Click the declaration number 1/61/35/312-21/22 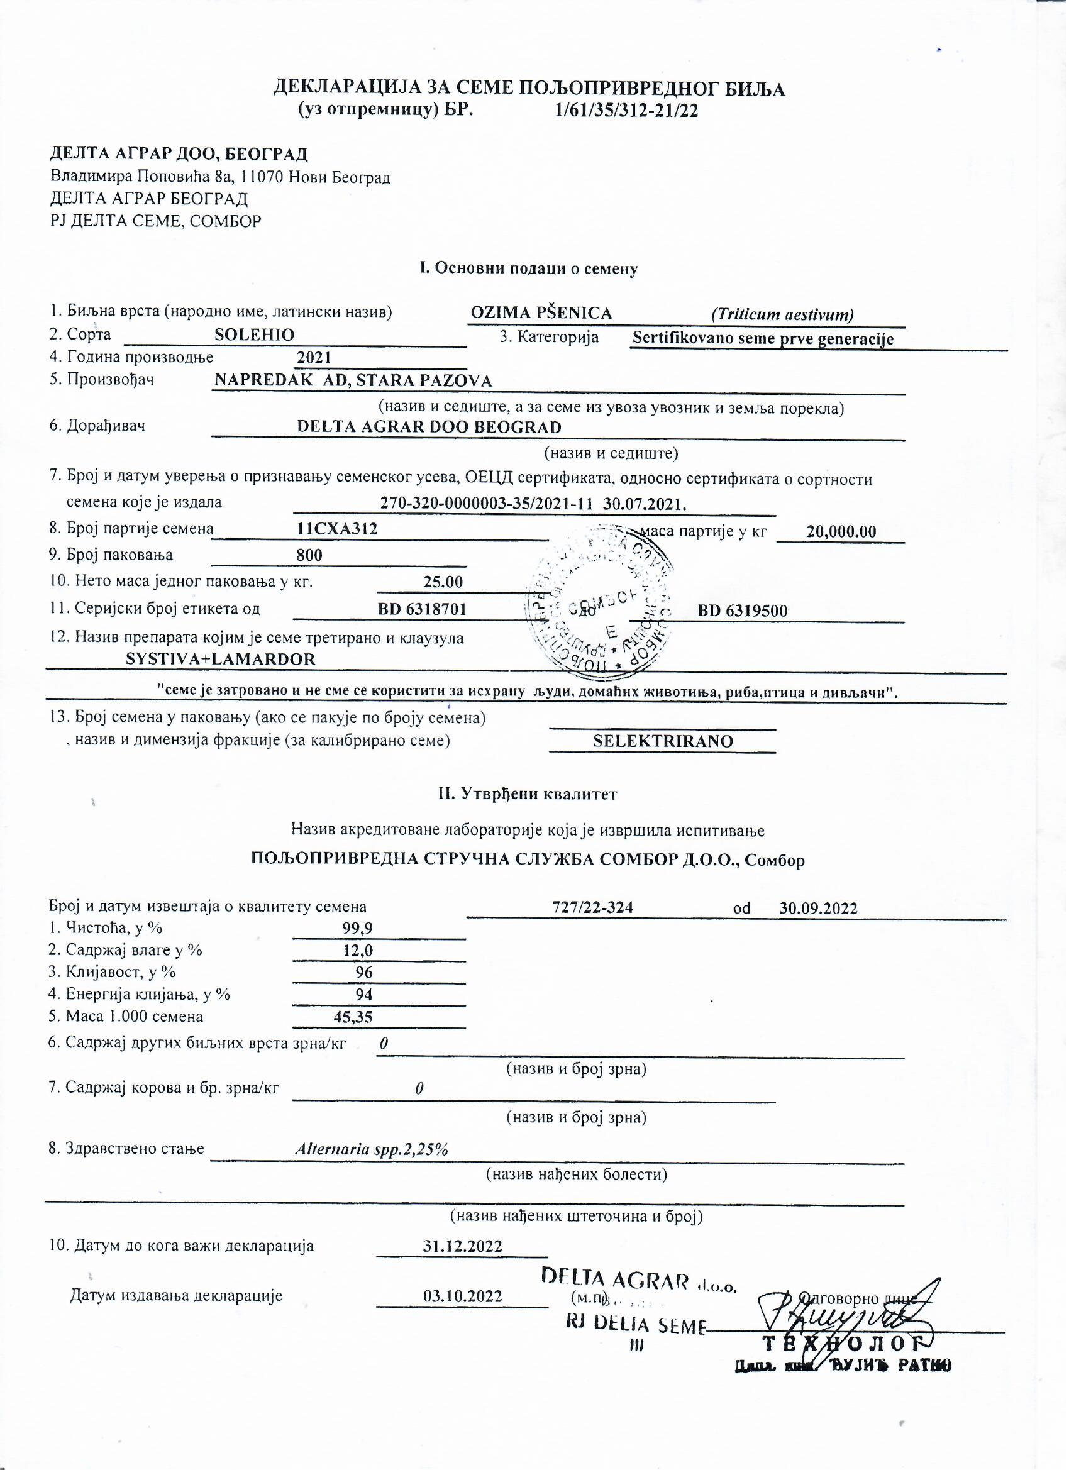pos(627,111)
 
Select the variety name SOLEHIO pos(255,335)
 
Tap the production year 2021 pos(314,358)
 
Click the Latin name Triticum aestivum pos(782,315)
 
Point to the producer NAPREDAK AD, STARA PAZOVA pos(353,381)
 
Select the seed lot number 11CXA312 pos(337,529)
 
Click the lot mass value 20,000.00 pos(841,532)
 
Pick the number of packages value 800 pos(309,555)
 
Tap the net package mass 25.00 pos(443,582)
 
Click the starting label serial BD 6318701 pos(422,609)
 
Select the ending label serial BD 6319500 pos(743,611)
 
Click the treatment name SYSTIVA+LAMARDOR pos(221,660)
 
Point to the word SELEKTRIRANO pos(663,741)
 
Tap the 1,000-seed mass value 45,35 pos(353,1016)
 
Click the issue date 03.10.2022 pos(462,1296)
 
